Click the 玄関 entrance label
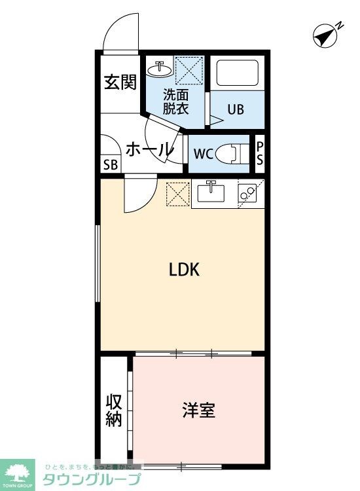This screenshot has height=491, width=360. [x=121, y=82]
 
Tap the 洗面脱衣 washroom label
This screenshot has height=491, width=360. [x=176, y=101]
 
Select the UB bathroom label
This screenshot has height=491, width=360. [x=236, y=109]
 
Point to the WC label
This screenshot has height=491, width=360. [x=203, y=155]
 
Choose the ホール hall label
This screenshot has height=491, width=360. [x=148, y=149]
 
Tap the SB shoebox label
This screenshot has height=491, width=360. [x=110, y=164]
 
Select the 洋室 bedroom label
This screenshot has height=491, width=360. [x=198, y=410]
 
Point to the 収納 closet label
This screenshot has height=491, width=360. [x=115, y=410]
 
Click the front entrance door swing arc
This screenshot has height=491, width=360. [x=122, y=29]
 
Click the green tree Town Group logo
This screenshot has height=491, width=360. [x=20, y=471]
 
